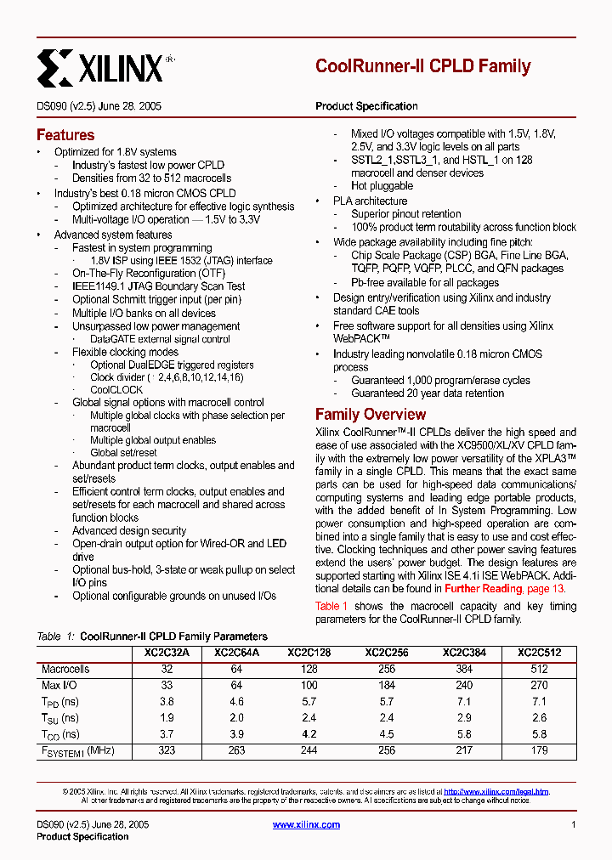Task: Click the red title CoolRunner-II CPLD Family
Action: point(422,66)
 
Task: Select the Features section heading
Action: point(65,135)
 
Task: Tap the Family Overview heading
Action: point(370,415)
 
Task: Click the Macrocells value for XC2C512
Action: point(539,670)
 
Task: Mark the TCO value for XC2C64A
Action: point(236,734)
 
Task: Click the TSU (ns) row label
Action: point(60,718)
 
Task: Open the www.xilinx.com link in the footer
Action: point(306,824)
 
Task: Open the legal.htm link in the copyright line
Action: point(496,791)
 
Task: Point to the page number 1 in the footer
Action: point(574,824)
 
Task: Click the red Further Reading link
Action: point(483,589)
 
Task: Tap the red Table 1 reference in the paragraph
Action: point(331,606)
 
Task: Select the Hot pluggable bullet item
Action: point(382,186)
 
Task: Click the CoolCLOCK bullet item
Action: point(116,390)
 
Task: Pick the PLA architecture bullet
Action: point(370,201)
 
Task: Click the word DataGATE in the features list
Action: point(112,339)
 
